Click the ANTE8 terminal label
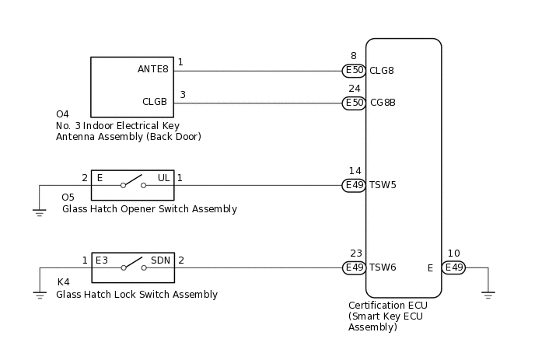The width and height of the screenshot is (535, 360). [x=152, y=69]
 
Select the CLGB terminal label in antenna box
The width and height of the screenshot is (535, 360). [x=155, y=102]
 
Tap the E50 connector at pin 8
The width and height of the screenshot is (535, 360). [x=354, y=71]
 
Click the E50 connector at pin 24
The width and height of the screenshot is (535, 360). [x=354, y=103]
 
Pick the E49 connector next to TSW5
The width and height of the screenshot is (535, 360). [x=354, y=185]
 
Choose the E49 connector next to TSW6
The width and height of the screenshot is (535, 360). [x=354, y=267]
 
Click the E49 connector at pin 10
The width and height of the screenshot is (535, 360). [x=453, y=267]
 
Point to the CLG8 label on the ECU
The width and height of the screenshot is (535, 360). [x=382, y=71]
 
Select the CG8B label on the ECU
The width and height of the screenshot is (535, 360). [x=383, y=103]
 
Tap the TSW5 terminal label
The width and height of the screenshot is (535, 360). [x=383, y=185]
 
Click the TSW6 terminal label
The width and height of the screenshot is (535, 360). [x=383, y=267]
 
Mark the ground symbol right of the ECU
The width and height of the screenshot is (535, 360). [x=488, y=294]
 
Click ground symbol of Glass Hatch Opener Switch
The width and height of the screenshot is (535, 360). [x=40, y=211]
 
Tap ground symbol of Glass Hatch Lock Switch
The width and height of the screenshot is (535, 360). [x=40, y=294]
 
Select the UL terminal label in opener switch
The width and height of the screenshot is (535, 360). [x=163, y=178]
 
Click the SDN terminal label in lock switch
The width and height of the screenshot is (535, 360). [x=160, y=260]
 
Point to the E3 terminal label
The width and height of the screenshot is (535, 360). [x=102, y=260]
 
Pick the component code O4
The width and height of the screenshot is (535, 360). [x=63, y=114]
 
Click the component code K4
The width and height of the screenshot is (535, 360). [x=64, y=282]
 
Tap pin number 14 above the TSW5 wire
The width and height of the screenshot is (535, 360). [x=355, y=171]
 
